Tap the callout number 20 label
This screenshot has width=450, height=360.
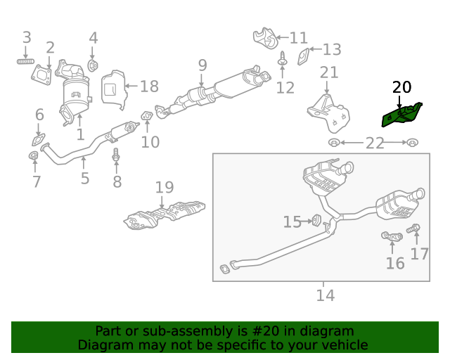click(401, 88)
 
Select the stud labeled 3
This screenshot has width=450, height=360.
click(26, 62)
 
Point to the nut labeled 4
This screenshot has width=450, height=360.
click(92, 66)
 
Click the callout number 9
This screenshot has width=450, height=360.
click(202, 65)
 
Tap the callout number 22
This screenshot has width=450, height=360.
click(374, 143)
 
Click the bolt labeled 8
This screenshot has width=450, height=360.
click(117, 159)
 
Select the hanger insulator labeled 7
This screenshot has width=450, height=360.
click(33, 155)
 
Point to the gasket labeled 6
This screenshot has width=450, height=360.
click(39, 138)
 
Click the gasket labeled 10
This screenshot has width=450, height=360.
click(148, 115)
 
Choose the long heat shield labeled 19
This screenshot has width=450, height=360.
click(164, 214)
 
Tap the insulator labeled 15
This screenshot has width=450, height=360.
click(316, 221)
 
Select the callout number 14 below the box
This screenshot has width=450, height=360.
click(325, 295)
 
